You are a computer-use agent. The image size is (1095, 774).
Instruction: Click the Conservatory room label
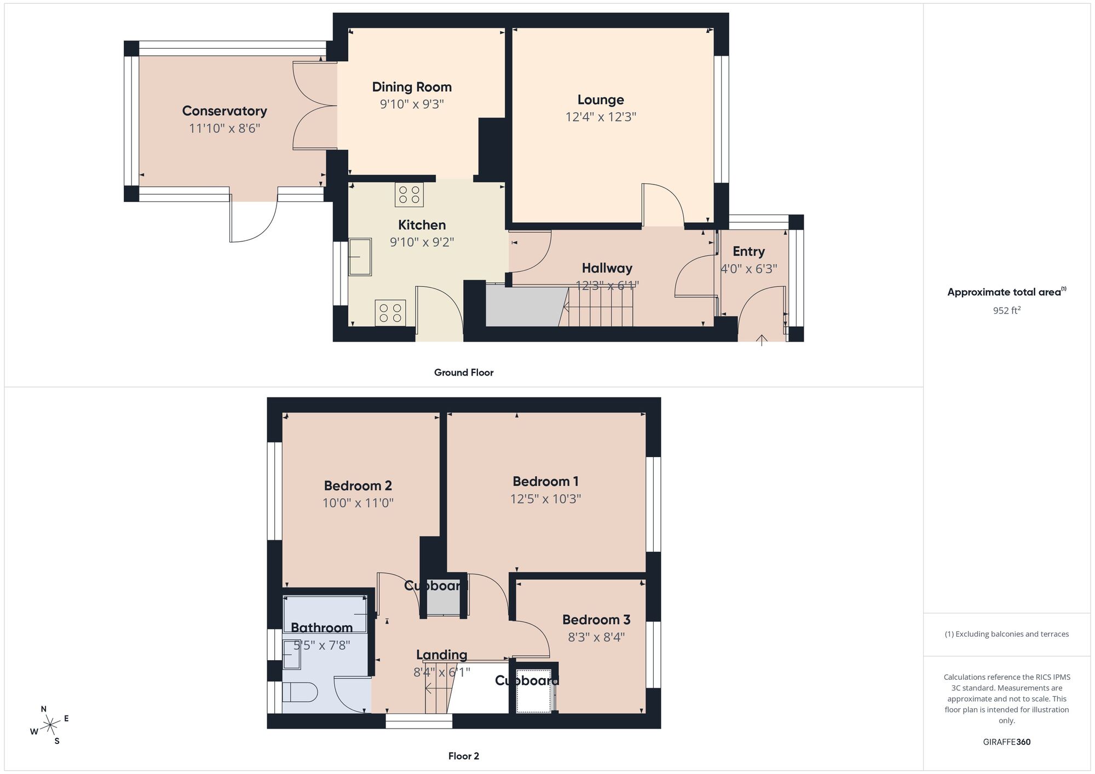pos(224,111)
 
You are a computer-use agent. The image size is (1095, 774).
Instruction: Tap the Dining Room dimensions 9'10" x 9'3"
pos(412,104)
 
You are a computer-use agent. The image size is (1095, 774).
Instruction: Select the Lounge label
pos(601,100)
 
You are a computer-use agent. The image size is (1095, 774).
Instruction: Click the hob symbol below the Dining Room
pos(409,194)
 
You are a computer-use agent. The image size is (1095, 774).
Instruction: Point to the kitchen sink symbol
pos(360,257)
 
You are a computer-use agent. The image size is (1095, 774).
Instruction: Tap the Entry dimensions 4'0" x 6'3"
pos(748,269)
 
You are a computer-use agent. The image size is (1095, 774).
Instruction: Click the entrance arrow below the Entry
pos(762,340)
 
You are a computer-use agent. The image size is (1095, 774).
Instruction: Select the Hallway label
pos(607,268)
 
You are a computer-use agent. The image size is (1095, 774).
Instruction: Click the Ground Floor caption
pos(464,373)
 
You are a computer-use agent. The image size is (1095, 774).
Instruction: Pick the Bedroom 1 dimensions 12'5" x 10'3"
pos(545,499)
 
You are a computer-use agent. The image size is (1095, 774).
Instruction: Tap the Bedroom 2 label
pos(358,486)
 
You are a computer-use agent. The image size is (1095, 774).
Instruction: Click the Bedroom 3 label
pos(596,620)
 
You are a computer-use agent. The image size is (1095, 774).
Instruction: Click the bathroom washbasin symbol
pos(291,655)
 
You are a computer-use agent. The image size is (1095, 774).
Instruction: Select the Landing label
pos(441,655)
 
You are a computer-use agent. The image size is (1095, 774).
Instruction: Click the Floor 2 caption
pos(464,756)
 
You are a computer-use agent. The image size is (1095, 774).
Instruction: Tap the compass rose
pos(50,726)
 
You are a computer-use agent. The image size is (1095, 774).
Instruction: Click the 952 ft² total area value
pos(1006,310)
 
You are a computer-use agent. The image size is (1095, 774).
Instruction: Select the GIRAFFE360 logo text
pos(1006,742)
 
